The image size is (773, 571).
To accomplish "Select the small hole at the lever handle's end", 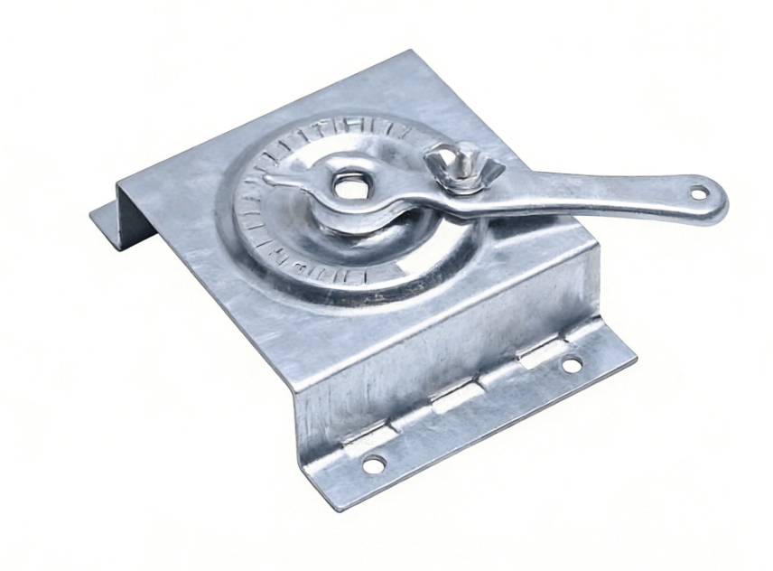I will (699, 192).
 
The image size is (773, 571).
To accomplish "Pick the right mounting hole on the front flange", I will (572, 365).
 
